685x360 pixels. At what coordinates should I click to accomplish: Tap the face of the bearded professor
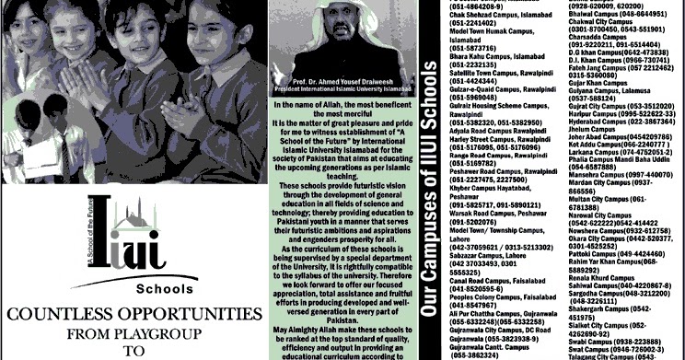point(348,43)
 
